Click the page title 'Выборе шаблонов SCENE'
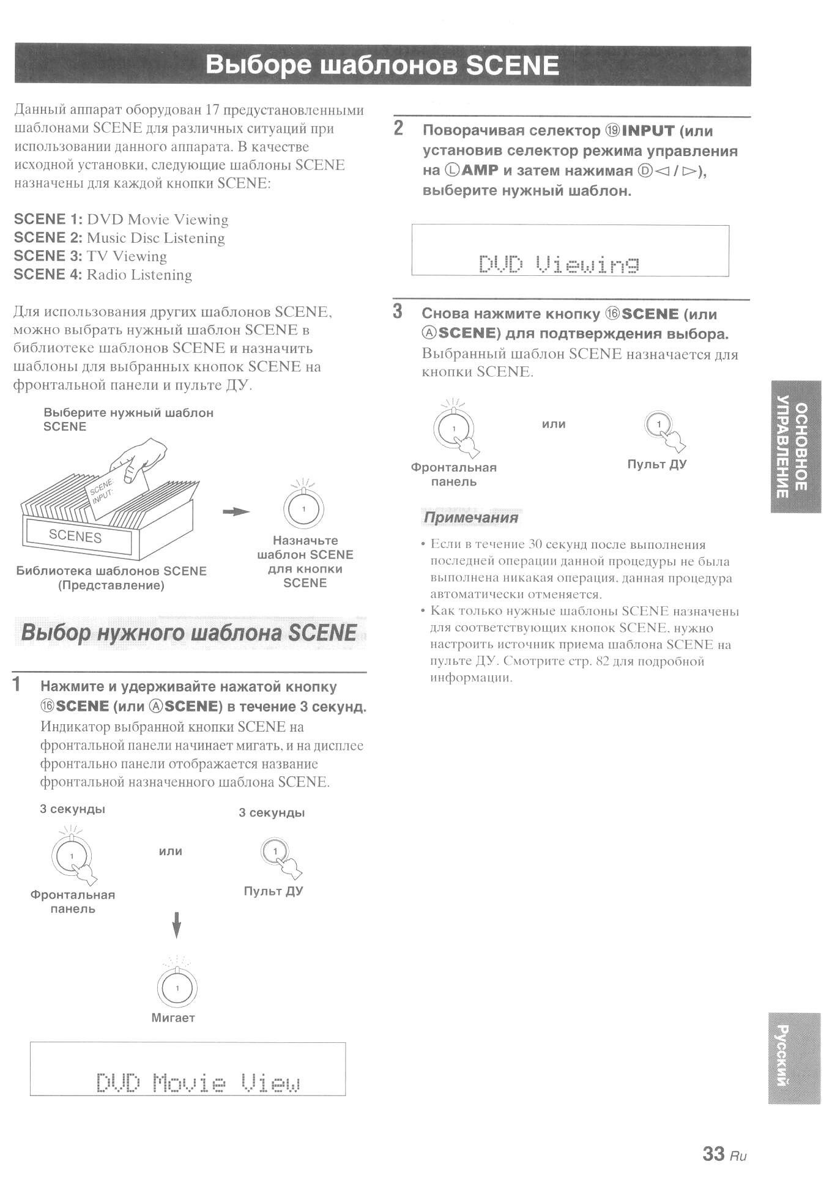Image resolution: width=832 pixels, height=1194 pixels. [x=382, y=65]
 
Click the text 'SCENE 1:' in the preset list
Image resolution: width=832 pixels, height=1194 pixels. [x=48, y=220]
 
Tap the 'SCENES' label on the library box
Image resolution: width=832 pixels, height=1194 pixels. [x=75, y=536]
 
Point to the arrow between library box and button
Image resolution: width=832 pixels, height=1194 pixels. [x=236, y=511]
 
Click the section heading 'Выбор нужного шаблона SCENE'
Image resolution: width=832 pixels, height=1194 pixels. [x=188, y=632]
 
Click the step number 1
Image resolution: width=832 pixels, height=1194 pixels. [x=17, y=684]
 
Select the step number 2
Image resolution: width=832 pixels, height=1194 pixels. [x=399, y=128]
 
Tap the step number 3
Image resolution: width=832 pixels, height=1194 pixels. [x=398, y=311]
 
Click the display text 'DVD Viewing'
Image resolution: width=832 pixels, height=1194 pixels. [x=559, y=264]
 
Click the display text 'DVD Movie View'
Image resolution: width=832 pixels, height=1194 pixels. [x=198, y=1083]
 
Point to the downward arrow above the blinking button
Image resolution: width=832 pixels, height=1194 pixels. [x=176, y=924]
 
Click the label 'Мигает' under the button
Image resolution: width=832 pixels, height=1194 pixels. [x=173, y=1018]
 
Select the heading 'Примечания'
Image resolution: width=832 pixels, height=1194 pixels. [x=471, y=517]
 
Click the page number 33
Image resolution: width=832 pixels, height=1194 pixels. [x=713, y=1153]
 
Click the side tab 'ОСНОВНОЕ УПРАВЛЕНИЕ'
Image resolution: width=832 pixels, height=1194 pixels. [x=795, y=447]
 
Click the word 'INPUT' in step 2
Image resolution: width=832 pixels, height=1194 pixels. [x=648, y=131]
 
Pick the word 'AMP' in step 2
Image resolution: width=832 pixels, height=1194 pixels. [x=480, y=171]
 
